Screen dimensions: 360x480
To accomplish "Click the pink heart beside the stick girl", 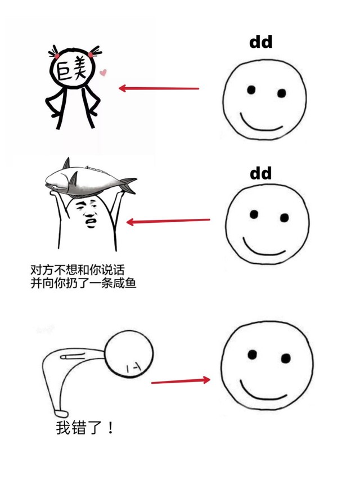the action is pos(103,72).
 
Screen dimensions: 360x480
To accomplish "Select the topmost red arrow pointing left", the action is pos(159,88).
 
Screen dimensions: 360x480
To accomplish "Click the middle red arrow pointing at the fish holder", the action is pos(168,221).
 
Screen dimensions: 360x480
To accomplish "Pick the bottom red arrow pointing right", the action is pos(181,381).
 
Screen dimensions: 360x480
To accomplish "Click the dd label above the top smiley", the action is pos(261,42).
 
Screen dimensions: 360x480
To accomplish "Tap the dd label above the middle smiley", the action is pos(261,173).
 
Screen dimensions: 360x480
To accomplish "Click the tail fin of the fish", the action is pos(128,184).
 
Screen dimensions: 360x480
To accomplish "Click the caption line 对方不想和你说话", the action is pos(78,270).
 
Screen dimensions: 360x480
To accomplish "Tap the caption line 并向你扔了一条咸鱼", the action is pos(83,283).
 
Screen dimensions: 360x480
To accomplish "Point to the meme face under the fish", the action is pos(89,215).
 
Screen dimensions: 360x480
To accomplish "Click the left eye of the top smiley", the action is pos(251,89).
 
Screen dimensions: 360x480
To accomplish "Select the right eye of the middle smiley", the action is pos(284,218).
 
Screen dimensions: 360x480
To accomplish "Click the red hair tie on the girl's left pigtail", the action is pos(57,56).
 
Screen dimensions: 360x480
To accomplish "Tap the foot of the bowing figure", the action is pos(61,413).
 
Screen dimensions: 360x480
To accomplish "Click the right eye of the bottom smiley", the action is pos(286,358).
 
